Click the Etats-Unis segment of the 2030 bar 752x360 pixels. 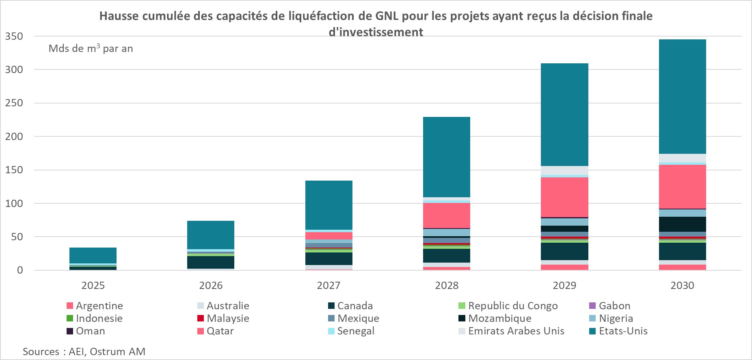[682, 97]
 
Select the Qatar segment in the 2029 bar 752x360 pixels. [564, 197]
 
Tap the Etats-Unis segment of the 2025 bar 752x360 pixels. [93, 255]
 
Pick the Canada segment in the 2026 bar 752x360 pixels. [211, 262]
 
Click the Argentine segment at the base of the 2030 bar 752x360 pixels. [682, 267]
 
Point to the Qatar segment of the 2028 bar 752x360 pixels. [447, 216]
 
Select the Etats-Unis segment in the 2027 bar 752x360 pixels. [329, 205]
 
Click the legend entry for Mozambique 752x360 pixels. [499, 318]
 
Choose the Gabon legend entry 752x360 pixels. [614, 306]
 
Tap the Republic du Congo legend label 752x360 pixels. [512, 306]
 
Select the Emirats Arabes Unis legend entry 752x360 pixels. [516, 331]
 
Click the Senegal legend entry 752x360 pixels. [355, 331]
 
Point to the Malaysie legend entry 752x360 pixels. [227, 318]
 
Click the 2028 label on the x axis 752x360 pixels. [447, 285]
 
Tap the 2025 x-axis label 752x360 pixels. [93, 285]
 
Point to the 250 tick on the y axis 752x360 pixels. [14, 103]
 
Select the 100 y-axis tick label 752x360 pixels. [14, 203]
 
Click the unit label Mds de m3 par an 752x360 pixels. [91, 49]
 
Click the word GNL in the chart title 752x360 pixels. [387, 16]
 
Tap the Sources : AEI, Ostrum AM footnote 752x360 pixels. [84, 351]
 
